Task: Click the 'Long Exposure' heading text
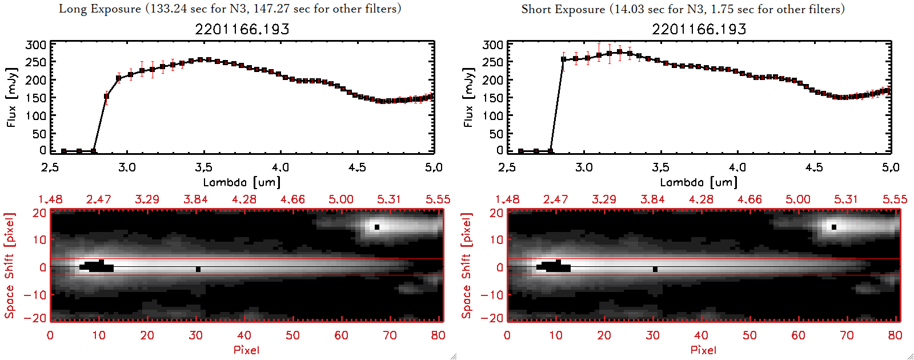point(100,9)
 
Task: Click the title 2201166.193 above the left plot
point(242,29)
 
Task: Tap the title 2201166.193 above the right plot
point(699,29)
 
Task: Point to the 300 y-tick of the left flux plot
point(36,45)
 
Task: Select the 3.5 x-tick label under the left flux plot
point(203,167)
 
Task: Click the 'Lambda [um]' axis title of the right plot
point(699,182)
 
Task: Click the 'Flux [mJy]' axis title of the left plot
point(12,97)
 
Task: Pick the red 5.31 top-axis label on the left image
point(389,199)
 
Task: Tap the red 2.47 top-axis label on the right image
point(555,199)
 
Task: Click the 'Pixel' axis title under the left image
point(246,350)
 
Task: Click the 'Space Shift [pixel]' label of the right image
point(467,266)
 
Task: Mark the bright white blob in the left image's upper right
point(376,227)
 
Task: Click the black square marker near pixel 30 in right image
point(655,269)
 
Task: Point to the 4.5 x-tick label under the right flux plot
point(814,167)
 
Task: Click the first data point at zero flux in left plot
point(64,151)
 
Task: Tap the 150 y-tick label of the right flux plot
point(493,98)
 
